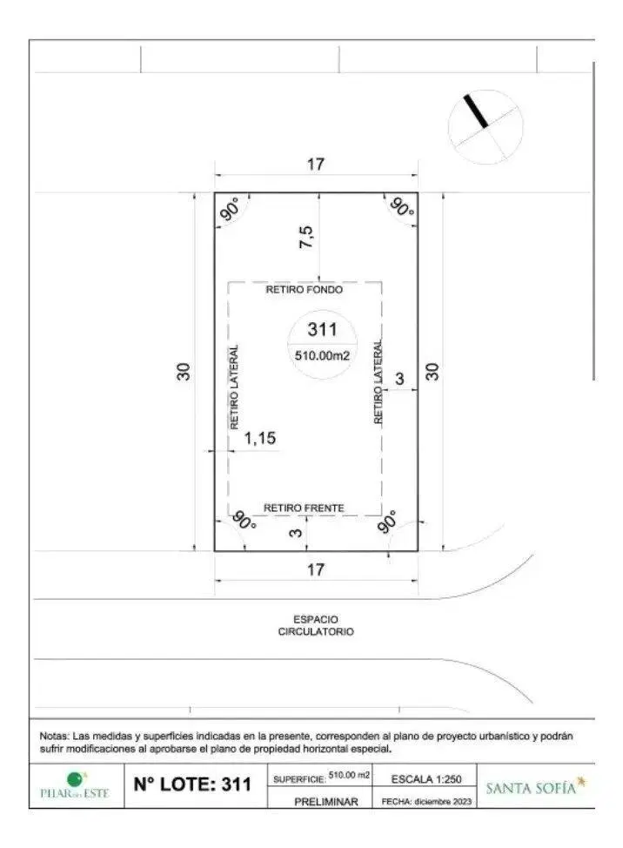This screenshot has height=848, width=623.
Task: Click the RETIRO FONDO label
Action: [304, 290]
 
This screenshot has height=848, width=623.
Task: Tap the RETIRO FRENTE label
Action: [304, 508]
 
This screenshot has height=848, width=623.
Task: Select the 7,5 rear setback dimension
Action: [305, 237]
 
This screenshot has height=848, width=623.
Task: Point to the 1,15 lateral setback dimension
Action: [260, 438]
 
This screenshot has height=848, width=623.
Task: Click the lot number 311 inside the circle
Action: [322, 329]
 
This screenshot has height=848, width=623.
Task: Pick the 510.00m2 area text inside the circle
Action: [322, 356]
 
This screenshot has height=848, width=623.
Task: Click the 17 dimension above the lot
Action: [316, 164]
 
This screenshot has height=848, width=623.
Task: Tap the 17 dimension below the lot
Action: [316, 569]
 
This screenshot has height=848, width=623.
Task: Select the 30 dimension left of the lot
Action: [184, 372]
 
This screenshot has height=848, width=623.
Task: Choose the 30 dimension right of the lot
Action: [432, 372]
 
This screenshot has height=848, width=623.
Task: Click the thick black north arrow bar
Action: [476, 111]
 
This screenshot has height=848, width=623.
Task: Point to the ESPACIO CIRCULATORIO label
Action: [316, 626]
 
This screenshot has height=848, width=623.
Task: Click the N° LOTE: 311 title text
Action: [192, 784]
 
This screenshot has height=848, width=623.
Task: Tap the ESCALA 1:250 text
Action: [426, 779]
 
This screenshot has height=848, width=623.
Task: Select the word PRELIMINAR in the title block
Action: [325, 802]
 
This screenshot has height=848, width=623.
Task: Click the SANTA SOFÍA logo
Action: [535, 787]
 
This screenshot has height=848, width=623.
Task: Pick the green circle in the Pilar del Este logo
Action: [75, 780]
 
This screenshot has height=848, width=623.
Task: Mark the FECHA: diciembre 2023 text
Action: [426, 802]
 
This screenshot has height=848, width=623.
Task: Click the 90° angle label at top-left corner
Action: [231, 209]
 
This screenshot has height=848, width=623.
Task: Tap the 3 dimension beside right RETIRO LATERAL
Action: [399, 379]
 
